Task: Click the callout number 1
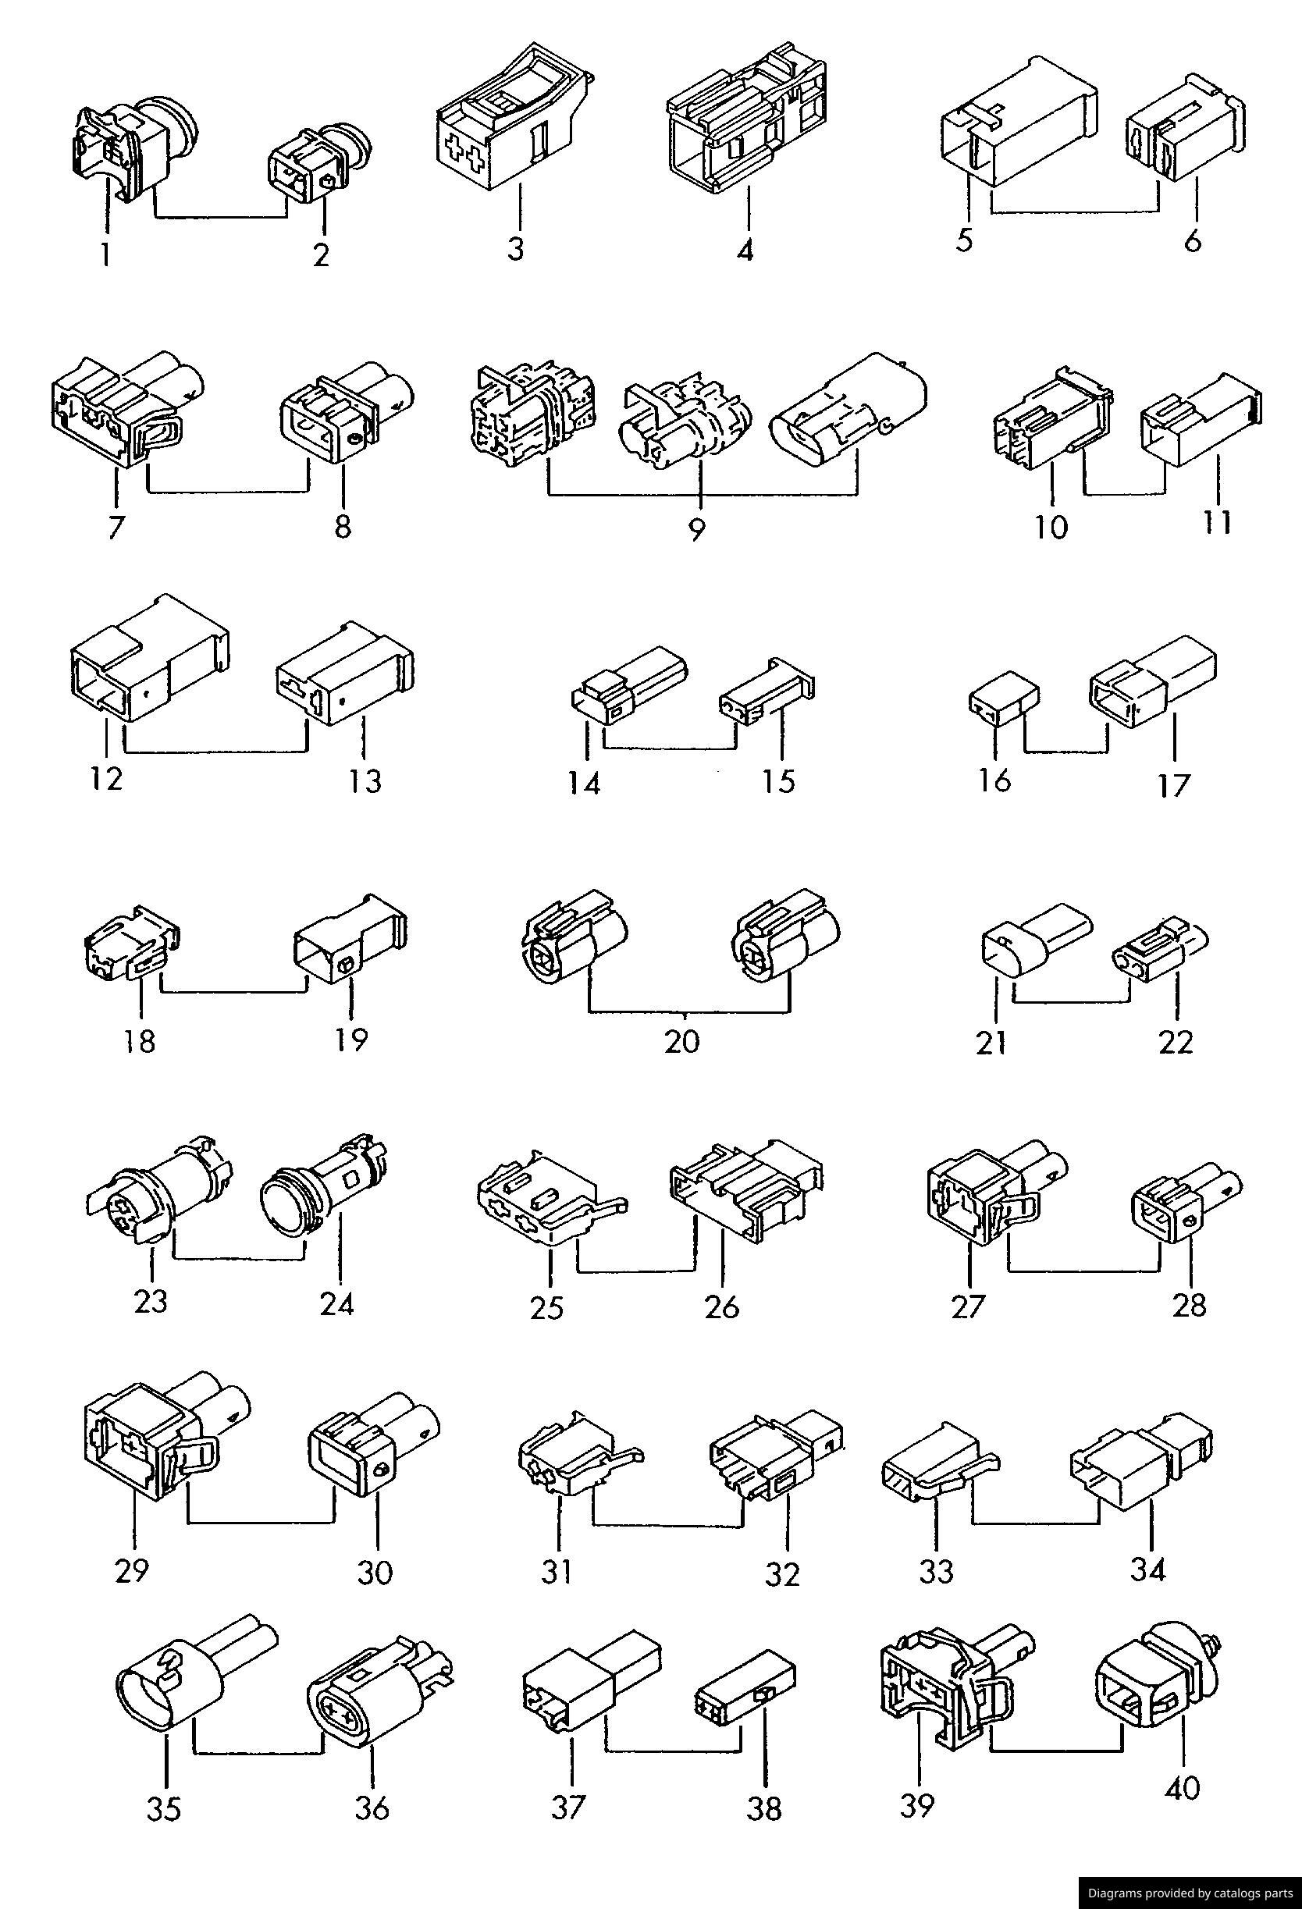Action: pyautogui.click(x=105, y=254)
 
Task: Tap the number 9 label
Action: pyautogui.click(x=695, y=529)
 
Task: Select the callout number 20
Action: pyautogui.click(x=681, y=1041)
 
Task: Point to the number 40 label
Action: pyautogui.click(x=1183, y=1787)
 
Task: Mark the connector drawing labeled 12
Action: pyautogui.click(x=148, y=663)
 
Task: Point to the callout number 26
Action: pyautogui.click(x=722, y=1306)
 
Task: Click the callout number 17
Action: pyautogui.click(x=1174, y=786)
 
